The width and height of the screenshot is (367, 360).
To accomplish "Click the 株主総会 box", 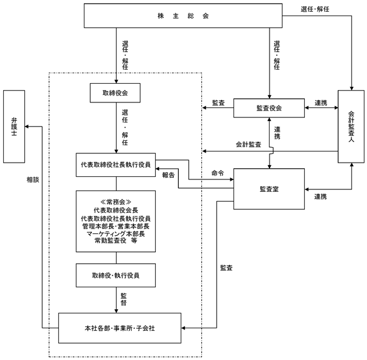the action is (183, 16).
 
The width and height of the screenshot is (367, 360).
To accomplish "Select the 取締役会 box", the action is (115, 93).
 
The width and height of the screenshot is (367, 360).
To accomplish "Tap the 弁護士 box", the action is (14, 127).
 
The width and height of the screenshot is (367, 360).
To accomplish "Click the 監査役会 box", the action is (269, 108).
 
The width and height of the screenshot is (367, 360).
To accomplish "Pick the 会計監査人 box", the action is (351, 127).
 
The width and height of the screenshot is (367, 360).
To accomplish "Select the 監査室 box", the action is (269, 189).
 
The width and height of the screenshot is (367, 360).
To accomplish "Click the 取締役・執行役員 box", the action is (116, 276).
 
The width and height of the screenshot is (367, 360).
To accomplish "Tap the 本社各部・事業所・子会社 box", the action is (120, 328).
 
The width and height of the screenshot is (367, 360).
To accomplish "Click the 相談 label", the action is (33, 179).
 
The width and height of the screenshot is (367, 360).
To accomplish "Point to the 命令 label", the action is (218, 173).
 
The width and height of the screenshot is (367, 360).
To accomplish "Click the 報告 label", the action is (168, 175).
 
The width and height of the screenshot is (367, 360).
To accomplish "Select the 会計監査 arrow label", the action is (248, 145).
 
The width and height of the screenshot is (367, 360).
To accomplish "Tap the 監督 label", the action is (124, 299).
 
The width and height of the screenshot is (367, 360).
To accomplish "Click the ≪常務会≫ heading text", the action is (116, 202).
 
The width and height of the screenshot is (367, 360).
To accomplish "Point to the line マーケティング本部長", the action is (116, 233).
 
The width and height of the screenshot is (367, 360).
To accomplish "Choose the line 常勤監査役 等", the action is (116, 240).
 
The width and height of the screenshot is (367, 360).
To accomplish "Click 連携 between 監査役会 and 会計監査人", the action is (321, 102).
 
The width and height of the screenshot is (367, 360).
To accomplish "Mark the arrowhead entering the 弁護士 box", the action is (27, 127).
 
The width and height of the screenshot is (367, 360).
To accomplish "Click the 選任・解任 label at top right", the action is (315, 9).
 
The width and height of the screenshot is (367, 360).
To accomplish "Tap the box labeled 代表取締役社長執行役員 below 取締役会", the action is (116, 165).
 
